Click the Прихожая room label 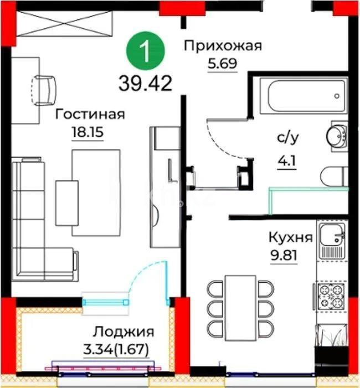[222, 45]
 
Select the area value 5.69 [222, 62]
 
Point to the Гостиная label [90, 115]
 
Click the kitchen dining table [241, 307]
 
